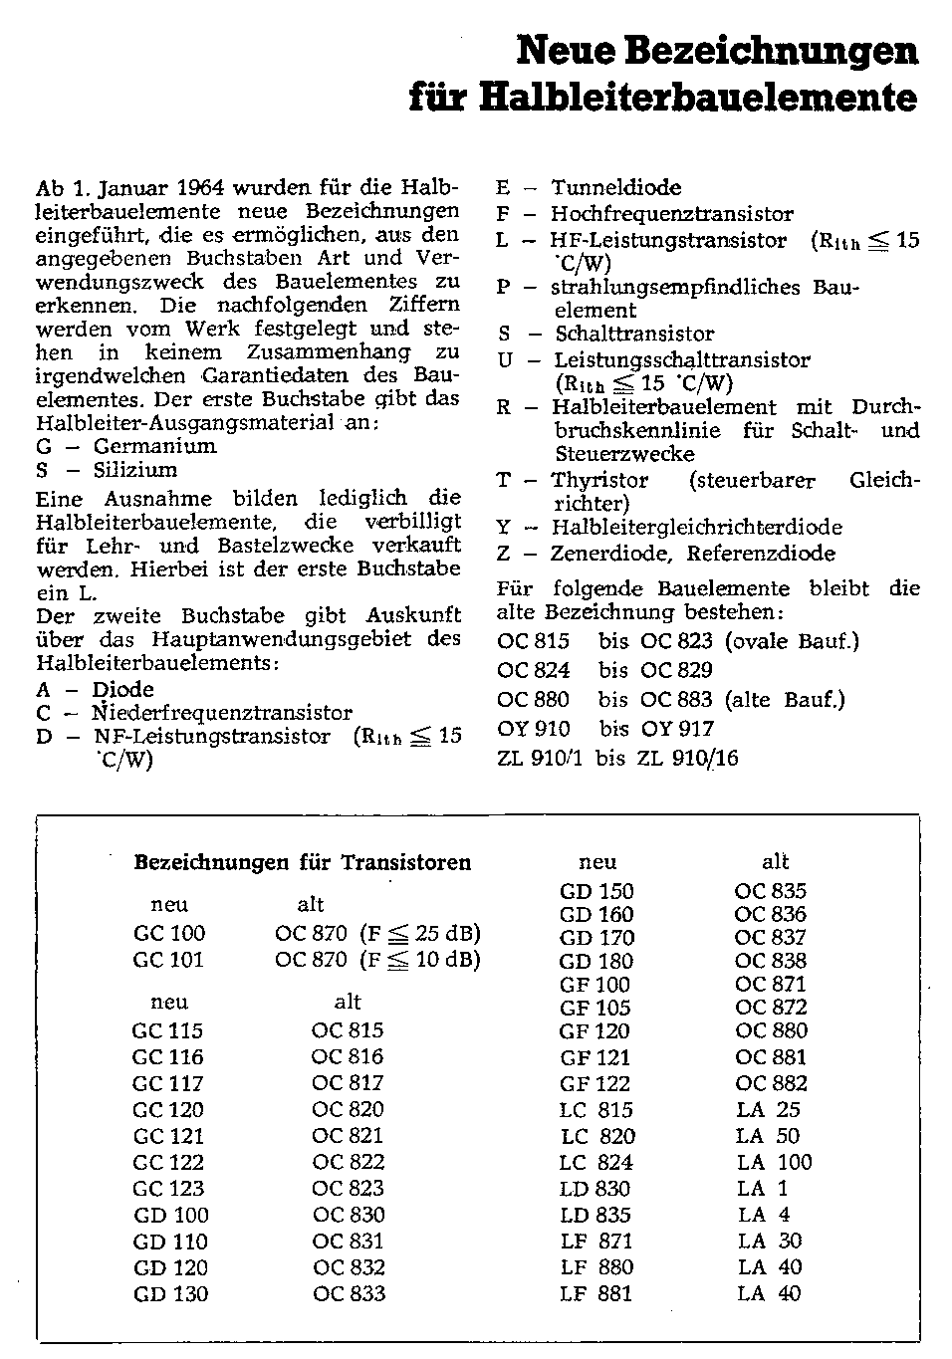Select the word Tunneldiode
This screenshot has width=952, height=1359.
(616, 187)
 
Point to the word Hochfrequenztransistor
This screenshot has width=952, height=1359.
(672, 213)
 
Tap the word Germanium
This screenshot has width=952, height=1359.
(154, 446)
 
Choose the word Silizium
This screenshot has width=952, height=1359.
(135, 470)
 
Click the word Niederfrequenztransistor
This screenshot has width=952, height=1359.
(222, 713)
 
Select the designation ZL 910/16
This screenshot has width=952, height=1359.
(688, 758)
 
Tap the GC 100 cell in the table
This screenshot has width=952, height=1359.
(169, 934)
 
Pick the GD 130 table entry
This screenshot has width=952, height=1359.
(171, 1294)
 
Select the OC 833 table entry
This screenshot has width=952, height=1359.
(348, 1294)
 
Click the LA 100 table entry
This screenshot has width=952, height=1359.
(774, 1162)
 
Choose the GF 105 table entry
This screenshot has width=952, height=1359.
(595, 1008)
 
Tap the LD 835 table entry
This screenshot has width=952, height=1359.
(595, 1215)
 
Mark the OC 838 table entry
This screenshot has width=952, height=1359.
(770, 961)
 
